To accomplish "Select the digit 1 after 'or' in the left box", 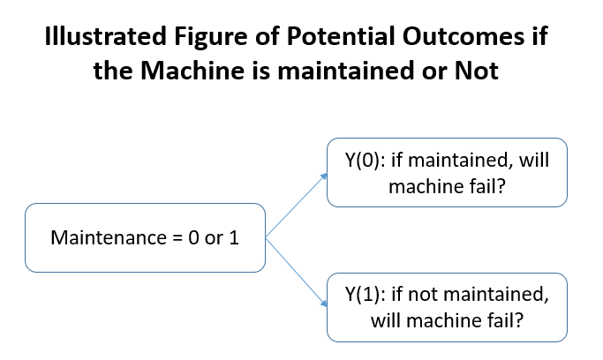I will pyautogui.click(x=235, y=238).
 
